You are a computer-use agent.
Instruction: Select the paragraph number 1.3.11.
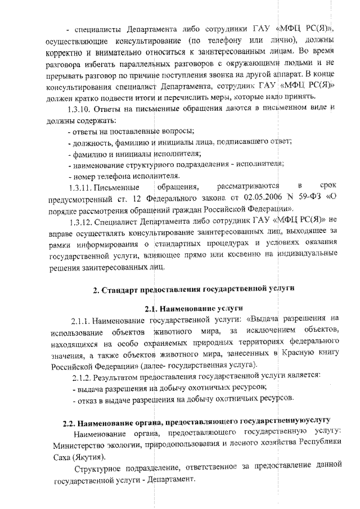coord(80,185)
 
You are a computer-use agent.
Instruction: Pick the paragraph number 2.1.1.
coord(83,321)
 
